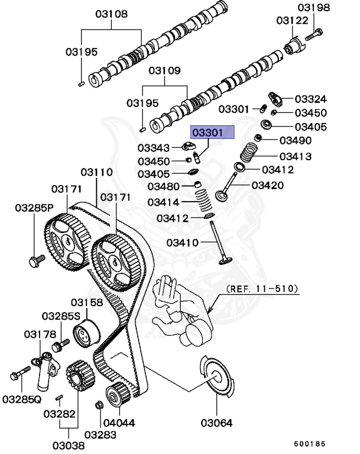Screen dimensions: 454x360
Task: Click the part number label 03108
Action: click(x=111, y=12)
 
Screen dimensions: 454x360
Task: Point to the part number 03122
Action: click(x=293, y=20)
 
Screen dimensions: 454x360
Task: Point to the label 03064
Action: click(x=216, y=423)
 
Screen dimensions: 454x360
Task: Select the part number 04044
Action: click(x=121, y=423)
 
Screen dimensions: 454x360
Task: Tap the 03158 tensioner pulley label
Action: click(x=87, y=302)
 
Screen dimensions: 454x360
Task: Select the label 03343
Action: click(x=154, y=147)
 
